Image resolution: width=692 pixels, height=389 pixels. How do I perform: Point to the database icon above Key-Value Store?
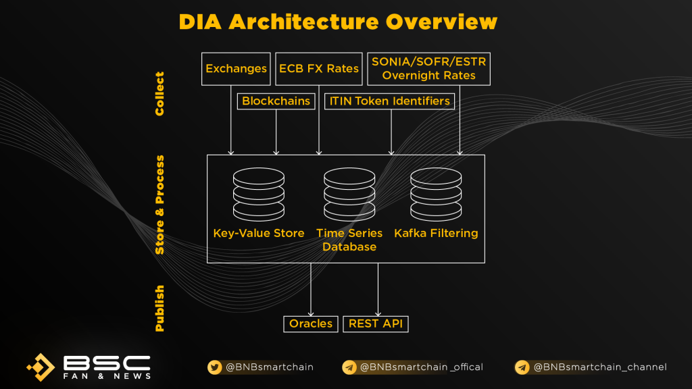pyautogui.click(x=259, y=194)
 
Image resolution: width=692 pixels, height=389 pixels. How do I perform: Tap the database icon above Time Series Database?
pyautogui.click(x=349, y=194)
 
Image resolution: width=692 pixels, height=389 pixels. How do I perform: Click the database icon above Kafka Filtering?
pyautogui.click(x=436, y=194)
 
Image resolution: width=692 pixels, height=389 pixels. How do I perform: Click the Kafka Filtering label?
pyautogui.click(x=436, y=233)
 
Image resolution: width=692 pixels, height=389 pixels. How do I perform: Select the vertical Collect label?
pyautogui.click(x=159, y=94)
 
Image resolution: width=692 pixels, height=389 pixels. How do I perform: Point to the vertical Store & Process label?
pyautogui.click(x=159, y=205)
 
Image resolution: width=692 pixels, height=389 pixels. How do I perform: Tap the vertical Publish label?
pyautogui.click(x=159, y=308)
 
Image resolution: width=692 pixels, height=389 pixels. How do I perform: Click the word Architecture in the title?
pyautogui.click(x=303, y=22)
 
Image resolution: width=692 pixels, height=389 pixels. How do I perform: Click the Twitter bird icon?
pyautogui.click(x=214, y=367)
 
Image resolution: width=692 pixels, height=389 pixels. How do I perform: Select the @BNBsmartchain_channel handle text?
pyautogui.click(x=600, y=367)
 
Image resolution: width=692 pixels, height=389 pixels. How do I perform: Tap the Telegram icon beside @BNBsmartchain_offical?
pyautogui.click(x=349, y=367)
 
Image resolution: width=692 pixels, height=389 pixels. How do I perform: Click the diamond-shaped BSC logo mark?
pyautogui.click(x=41, y=367)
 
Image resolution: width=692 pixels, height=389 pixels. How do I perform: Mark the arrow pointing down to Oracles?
pyautogui.click(x=311, y=289)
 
